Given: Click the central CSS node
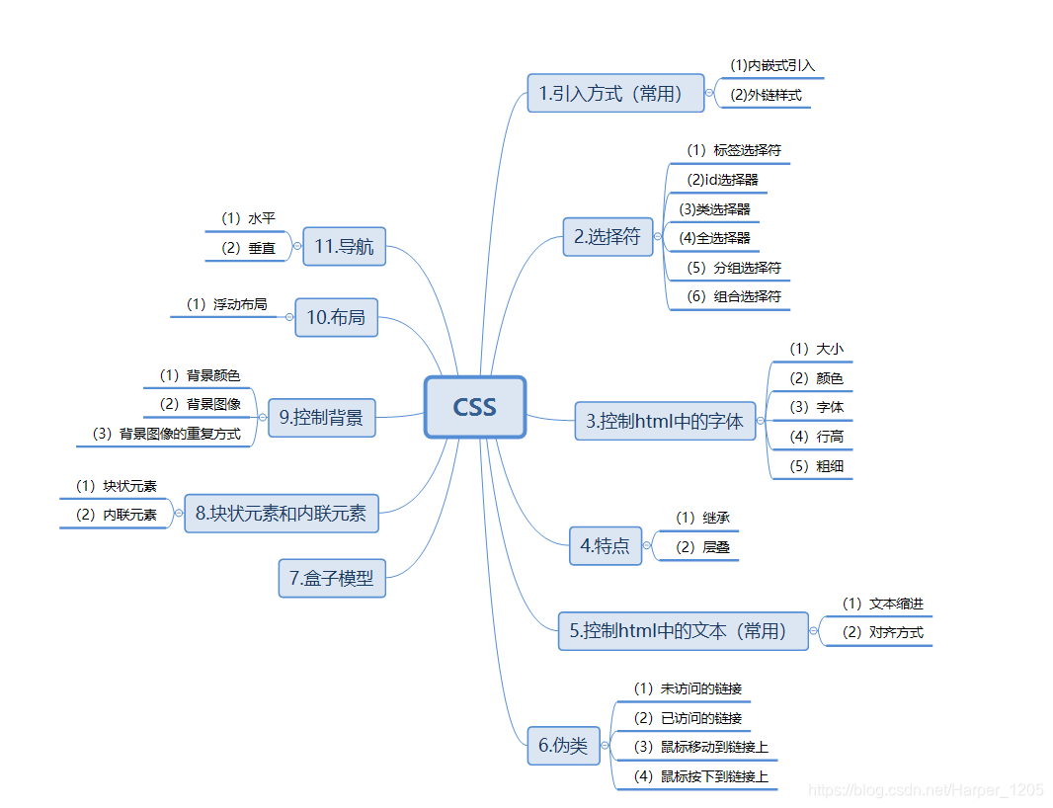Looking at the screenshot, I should pos(474,407).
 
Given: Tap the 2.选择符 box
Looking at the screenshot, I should pos(607,237).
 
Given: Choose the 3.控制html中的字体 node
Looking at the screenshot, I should pos(665,421).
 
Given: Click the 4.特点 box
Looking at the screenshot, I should pos(605,545).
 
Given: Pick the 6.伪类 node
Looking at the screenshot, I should pos(563,746).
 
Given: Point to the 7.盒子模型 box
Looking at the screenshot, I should pos(331,579).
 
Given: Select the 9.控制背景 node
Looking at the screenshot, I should pos(321,418).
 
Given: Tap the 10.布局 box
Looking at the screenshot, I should pos(336,317).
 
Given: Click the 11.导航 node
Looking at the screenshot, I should pos(344,247).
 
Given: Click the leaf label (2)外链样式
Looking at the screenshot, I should pos(766,96).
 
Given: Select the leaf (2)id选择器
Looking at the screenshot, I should pos(722,180).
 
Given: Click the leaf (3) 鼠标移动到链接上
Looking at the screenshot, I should pos(700,747).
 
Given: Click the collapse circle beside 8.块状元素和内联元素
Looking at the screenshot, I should pos(178,514).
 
